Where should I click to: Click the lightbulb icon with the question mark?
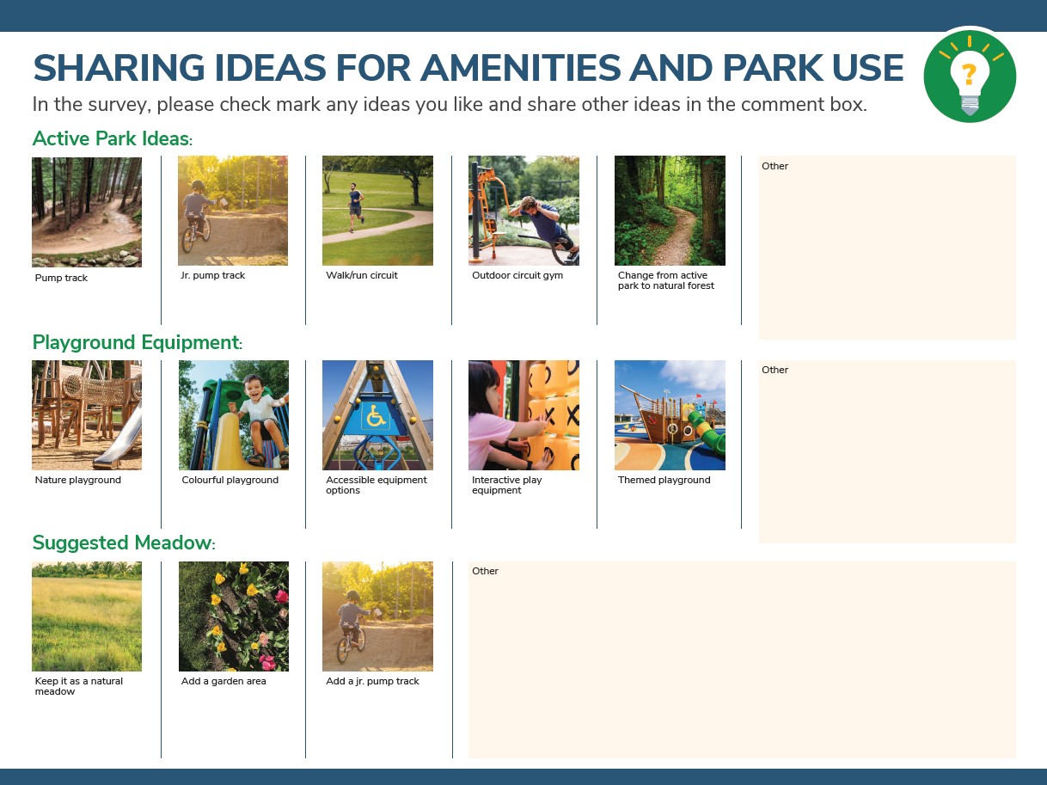pos(970,77)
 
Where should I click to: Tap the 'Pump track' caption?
pos(61,278)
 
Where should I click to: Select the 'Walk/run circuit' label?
pos(362,275)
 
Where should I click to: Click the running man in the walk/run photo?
pos(355,206)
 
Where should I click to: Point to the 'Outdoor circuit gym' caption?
pos(517,275)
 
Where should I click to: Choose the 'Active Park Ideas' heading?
pos(112,138)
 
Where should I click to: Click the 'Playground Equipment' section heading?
pos(138,342)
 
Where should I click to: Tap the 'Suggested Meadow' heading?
pos(124,543)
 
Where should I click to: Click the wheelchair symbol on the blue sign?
pos(376,416)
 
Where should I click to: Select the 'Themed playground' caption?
pos(664,480)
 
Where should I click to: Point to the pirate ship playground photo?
pos(670,415)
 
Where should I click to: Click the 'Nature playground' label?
pos(77,480)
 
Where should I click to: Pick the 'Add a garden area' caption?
pos(223,681)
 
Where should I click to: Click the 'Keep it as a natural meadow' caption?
pos(79,686)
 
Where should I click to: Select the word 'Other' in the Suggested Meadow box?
pos(485,571)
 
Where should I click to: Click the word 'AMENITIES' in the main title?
pos(519,68)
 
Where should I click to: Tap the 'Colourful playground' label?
pos(230,480)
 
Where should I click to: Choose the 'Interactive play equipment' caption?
pos(506,485)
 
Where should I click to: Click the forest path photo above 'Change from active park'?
pos(670,211)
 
